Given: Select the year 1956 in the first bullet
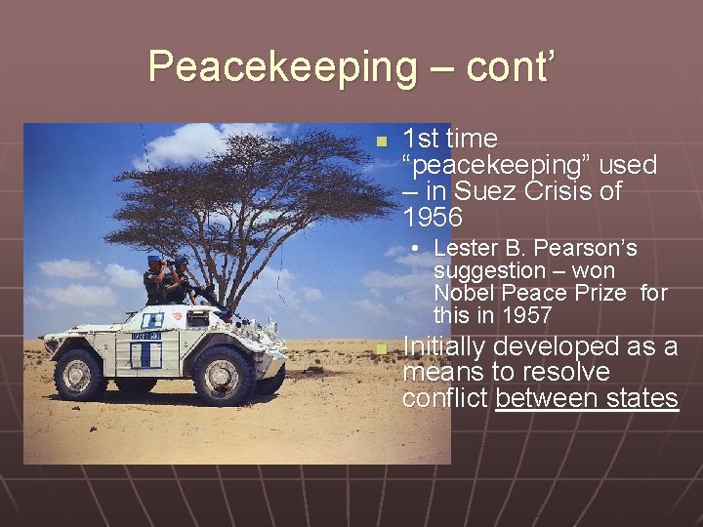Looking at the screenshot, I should tap(433, 217).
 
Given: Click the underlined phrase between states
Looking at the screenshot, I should tap(586, 398).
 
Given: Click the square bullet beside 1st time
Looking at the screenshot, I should tap(382, 142).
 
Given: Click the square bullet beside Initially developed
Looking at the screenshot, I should tap(382, 349).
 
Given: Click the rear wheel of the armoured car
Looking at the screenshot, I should tap(79, 375).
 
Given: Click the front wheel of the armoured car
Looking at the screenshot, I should tap(222, 375).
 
